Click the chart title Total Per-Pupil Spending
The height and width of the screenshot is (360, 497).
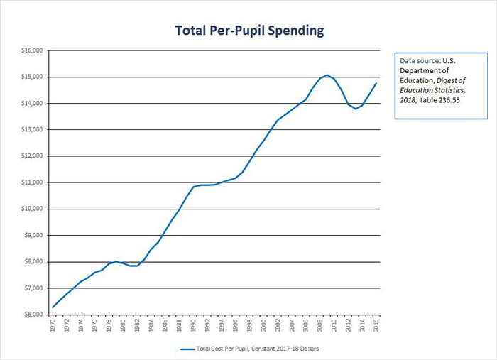pyautogui.click(x=250, y=31)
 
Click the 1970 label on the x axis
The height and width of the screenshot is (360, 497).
pyautogui.click(x=53, y=326)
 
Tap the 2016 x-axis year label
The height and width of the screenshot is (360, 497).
pyautogui.click(x=376, y=326)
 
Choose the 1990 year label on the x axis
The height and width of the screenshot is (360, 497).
pyautogui.click(x=193, y=326)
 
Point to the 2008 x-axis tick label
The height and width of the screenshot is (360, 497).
pyautogui.click(x=319, y=326)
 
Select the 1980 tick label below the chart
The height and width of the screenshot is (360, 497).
pyautogui.click(x=123, y=326)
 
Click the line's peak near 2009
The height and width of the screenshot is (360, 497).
pyautogui.click(x=327, y=75)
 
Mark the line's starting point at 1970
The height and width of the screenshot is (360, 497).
pyautogui.click(x=53, y=307)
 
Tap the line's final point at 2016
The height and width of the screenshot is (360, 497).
pyautogui.click(x=376, y=83)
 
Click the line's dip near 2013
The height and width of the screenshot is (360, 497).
pyautogui.click(x=355, y=109)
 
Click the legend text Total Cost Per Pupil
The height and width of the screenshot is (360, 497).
pyautogui.click(x=254, y=349)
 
